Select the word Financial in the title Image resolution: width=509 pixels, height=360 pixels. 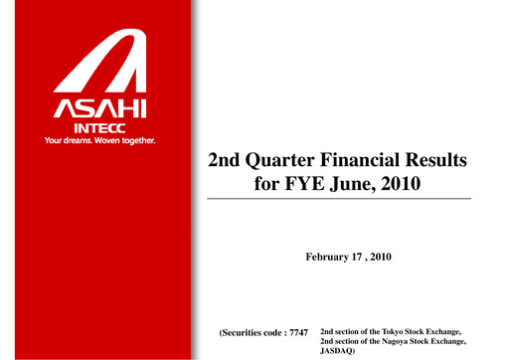click(x=360, y=160)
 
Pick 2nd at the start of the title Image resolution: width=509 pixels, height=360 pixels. click(x=227, y=160)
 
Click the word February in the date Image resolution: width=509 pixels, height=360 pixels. click(x=327, y=258)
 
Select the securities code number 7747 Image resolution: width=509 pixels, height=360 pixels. click(x=301, y=330)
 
